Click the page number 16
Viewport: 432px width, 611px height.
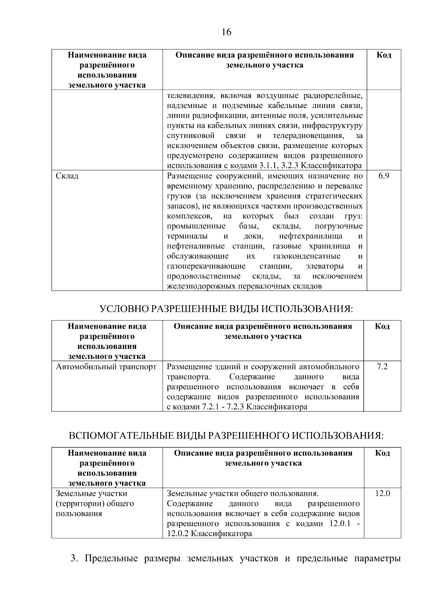[226, 32]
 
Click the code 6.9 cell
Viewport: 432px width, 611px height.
[384, 176]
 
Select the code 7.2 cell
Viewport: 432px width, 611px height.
[382, 367]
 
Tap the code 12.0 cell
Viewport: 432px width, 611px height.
[382, 494]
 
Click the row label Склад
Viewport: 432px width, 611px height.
[67, 176]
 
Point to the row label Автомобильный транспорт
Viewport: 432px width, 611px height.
[106, 367]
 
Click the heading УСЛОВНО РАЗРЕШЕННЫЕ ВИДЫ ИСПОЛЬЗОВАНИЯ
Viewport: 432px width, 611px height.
[226, 309]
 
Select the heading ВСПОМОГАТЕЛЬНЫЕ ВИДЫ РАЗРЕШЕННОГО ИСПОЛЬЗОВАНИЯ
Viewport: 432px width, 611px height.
[226, 436]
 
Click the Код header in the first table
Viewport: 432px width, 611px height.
[384, 55]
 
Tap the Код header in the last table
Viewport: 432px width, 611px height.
[382, 453]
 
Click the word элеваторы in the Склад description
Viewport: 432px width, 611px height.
[324, 266]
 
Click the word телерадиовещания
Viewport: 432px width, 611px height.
[308, 136]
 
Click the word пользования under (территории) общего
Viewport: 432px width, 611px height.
[79, 514]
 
